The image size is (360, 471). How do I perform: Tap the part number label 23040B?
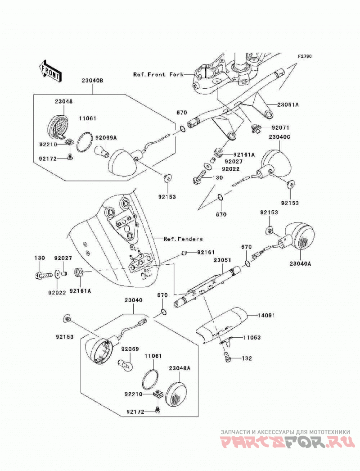pyautogui.click(x=92, y=81)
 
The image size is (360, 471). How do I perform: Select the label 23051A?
pyautogui.click(x=288, y=104)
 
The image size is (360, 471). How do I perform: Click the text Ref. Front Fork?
pyautogui.click(x=158, y=74)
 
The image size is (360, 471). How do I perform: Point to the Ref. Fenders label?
pyautogui.click(x=183, y=239)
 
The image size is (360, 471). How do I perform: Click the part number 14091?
pyautogui.click(x=266, y=315)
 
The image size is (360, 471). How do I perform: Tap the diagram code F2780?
pyautogui.click(x=305, y=56)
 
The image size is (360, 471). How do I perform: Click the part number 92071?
pyautogui.click(x=281, y=128)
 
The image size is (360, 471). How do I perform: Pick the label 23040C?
pyautogui.click(x=279, y=137)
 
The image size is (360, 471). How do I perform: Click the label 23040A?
pyautogui.click(x=300, y=264)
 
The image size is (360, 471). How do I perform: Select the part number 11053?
pyautogui.click(x=252, y=337)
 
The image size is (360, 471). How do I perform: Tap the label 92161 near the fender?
pyautogui.click(x=206, y=253)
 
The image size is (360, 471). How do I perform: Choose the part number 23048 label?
pyautogui.click(x=63, y=101)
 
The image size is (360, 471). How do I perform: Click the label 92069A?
pyautogui.click(x=106, y=138)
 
